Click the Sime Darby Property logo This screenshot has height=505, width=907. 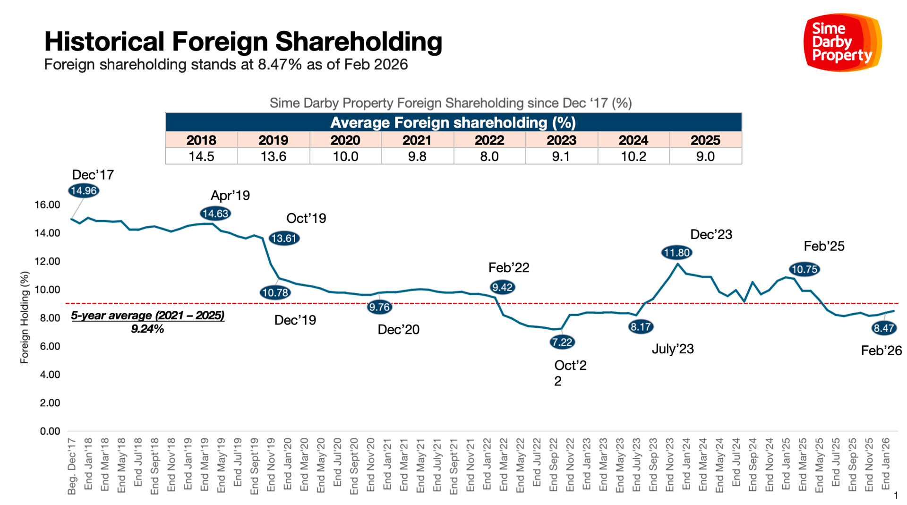click(842, 43)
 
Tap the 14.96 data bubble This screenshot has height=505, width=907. click(84, 191)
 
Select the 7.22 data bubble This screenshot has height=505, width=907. click(562, 342)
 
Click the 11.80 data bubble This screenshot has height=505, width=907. click(676, 253)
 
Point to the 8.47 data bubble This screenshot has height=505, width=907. click(883, 328)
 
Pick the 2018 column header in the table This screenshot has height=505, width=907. click(201, 140)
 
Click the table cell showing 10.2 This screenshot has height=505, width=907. click(633, 156)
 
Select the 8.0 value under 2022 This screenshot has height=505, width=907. click(489, 156)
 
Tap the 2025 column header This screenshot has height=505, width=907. click(705, 140)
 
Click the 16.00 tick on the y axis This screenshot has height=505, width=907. click(47, 205)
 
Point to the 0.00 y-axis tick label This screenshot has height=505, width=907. click(50, 431)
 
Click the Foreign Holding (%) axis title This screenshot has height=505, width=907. click(25, 317)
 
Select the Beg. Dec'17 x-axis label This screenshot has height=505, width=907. click(72, 466)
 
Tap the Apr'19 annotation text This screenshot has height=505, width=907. click(230, 195)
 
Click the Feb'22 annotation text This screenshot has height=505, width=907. click(509, 267)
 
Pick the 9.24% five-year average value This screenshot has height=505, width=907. click(147, 329)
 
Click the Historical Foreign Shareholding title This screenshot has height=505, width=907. click(243, 41)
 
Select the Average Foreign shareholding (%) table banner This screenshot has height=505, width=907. click(453, 122)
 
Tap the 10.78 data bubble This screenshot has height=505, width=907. click(275, 293)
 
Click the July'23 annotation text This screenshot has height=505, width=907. click(673, 349)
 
